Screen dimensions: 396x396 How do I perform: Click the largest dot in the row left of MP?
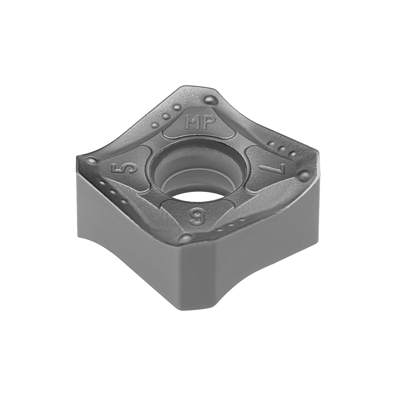tap(176, 108)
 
